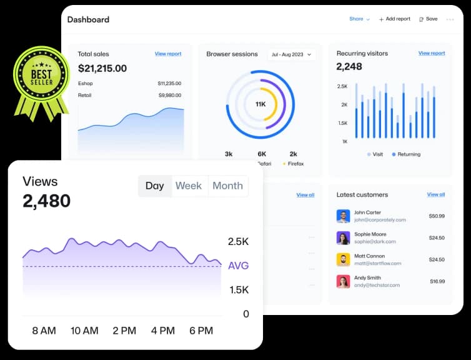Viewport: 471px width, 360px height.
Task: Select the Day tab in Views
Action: [x=154, y=186]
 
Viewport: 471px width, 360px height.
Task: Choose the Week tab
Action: [x=188, y=186]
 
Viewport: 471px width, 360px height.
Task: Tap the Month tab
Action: [x=227, y=186]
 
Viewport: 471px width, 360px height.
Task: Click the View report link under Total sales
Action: [x=168, y=54]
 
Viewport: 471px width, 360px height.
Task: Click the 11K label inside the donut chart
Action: [x=261, y=104]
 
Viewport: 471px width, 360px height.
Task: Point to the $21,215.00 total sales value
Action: [x=102, y=68]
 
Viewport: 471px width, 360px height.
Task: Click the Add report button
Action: [x=395, y=19]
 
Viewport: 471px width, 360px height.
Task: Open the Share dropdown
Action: [x=359, y=19]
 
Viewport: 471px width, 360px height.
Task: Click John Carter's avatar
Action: [x=343, y=216]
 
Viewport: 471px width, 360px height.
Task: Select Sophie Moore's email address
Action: [x=375, y=241]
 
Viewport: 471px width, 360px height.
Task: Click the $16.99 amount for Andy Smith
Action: [x=437, y=281]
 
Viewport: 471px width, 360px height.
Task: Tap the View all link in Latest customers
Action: [x=436, y=195]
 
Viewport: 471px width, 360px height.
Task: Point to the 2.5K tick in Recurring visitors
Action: [x=342, y=86]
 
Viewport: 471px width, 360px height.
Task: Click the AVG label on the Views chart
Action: [x=238, y=266]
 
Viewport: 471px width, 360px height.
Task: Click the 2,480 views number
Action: [x=47, y=201]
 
